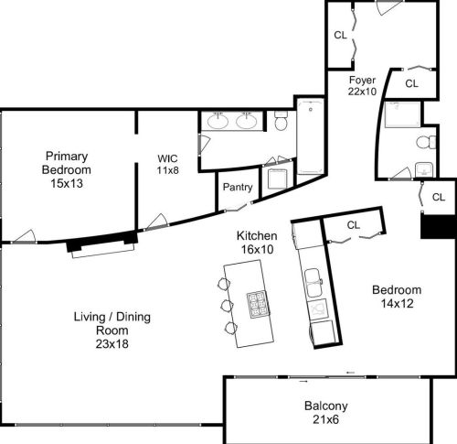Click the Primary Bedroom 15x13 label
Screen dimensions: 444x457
68,163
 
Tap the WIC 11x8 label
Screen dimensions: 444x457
168,163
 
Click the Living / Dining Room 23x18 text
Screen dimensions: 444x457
112,330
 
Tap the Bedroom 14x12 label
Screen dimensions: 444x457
396,297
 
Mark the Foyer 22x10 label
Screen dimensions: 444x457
363,85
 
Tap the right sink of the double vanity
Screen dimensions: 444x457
246,121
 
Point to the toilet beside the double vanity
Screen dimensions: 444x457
282,121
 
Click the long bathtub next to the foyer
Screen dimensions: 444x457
310,137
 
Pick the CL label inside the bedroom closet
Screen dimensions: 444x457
355,224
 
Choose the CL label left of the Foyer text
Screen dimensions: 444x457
340,36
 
